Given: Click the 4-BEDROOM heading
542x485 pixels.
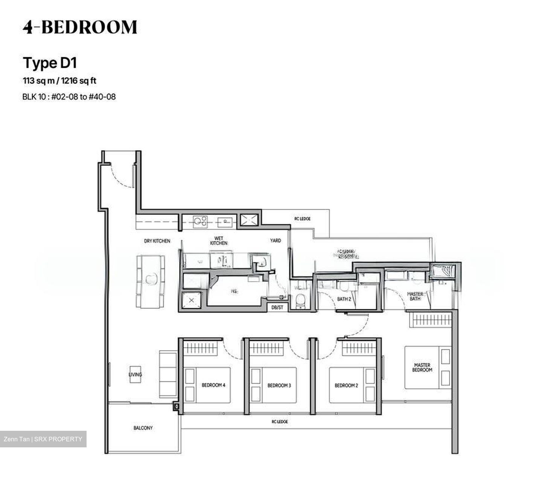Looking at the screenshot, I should (x=80, y=27).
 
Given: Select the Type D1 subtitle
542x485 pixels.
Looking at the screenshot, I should (x=50, y=63).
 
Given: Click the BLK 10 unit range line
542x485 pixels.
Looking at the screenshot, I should (x=69, y=97).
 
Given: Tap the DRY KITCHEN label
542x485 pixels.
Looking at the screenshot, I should (x=157, y=241).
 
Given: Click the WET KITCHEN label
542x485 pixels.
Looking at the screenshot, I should (x=219, y=241).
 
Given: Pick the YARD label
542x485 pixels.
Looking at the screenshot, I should (x=275, y=241).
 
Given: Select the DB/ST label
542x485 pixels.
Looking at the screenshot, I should (x=277, y=307).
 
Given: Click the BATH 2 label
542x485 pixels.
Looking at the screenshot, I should (x=344, y=299).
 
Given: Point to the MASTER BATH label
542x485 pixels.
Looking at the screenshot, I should (x=415, y=296).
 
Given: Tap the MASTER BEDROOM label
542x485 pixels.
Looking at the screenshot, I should (x=422, y=368).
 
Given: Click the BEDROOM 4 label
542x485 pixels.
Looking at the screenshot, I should (x=213, y=386).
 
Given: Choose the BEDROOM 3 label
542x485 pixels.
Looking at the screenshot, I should (x=279, y=386).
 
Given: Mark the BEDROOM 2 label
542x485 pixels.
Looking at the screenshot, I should (x=346, y=386).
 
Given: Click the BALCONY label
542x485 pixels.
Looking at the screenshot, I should (x=143, y=428).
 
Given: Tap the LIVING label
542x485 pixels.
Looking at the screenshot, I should (x=135, y=375).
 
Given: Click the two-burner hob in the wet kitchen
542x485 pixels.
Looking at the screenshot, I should (x=199, y=222).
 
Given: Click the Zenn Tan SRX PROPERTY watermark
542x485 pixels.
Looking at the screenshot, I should (x=43, y=439).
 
